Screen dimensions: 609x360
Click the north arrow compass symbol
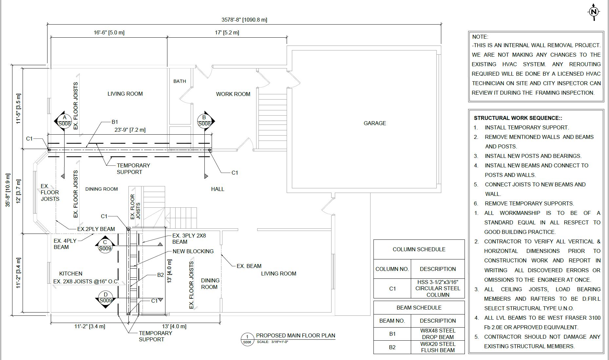point(594,12)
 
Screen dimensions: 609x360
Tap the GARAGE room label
point(375,123)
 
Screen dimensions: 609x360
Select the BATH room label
point(180,81)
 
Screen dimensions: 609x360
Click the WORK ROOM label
point(233,94)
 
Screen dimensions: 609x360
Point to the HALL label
point(218,189)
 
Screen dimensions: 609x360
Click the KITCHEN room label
point(71,274)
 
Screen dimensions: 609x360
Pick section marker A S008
point(65,121)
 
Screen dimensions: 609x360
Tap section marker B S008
point(204,121)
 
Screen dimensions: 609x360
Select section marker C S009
point(105,246)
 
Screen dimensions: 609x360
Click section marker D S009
point(105,298)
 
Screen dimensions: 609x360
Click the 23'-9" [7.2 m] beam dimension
point(130,130)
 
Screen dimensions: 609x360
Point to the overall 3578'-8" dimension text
point(244,20)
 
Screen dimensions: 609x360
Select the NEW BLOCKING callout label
point(193,251)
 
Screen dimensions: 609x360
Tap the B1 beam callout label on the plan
point(115,122)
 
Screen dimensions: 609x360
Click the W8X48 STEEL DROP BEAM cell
point(438,334)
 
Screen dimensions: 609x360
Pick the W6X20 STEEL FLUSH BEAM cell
point(438,347)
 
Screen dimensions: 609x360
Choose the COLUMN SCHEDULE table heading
point(419,249)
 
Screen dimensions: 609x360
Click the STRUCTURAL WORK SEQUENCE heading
point(518,118)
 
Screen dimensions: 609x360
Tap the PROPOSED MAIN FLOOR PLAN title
point(295,335)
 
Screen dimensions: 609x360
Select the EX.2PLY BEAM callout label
point(96,229)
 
